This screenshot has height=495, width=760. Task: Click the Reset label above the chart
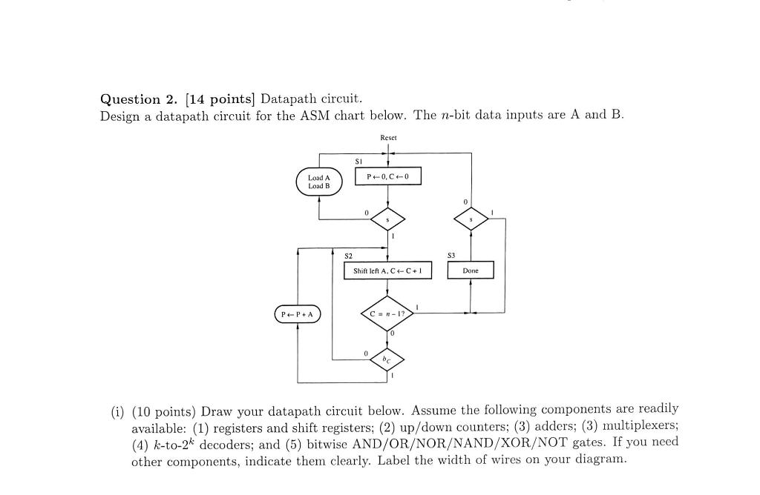[388, 138]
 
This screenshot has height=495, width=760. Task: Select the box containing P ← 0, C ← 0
[388, 176]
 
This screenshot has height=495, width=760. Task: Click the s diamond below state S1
[388, 219]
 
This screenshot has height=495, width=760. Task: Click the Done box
[471, 271]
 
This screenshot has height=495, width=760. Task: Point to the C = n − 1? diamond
[387, 313]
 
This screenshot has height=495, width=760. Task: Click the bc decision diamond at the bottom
[387, 359]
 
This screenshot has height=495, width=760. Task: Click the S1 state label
[358, 161]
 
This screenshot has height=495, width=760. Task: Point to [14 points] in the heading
[220, 99]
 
